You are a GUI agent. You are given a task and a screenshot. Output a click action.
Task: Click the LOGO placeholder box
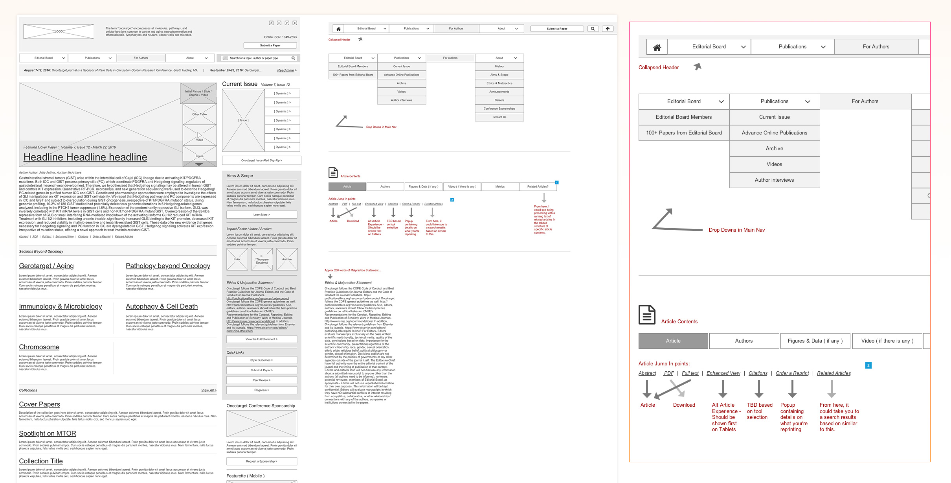click(x=59, y=31)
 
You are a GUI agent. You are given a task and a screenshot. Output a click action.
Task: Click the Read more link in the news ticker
click(x=286, y=70)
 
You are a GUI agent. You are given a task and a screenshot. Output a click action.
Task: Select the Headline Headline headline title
click(x=85, y=157)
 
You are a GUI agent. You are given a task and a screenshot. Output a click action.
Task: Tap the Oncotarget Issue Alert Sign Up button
click(x=261, y=160)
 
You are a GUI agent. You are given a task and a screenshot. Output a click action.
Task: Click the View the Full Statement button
click(x=261, y=339)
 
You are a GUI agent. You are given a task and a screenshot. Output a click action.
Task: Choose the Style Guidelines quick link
click(x=261, y=360)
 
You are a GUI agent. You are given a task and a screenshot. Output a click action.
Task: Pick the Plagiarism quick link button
click(x=261, y=390)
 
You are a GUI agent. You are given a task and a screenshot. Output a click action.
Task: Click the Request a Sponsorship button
click(x=261, y=461)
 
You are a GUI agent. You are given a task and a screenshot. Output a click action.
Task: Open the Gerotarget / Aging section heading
click(x=46, y=266)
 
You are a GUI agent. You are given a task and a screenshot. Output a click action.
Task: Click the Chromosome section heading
click(x=39, y=347)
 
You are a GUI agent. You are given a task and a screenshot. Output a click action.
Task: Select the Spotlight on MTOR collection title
click(x=48, y=433)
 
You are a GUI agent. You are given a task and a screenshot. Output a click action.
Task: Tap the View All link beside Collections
click(x=208, y=390)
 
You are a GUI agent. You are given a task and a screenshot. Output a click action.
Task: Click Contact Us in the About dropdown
click(x=499, y=117)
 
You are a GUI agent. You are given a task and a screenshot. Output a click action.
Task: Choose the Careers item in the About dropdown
click(x=499, y=100)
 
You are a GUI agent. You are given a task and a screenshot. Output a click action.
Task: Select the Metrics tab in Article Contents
click(x=500, y=186)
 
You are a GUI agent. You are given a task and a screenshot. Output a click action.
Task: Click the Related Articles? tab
click(x=538, y=186)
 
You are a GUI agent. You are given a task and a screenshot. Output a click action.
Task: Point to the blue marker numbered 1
click(x=557, y=183)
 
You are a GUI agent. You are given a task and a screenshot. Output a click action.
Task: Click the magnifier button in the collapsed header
click(x=593, y=29)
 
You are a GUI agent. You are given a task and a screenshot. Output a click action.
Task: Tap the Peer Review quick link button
click(x=261, y=380)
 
